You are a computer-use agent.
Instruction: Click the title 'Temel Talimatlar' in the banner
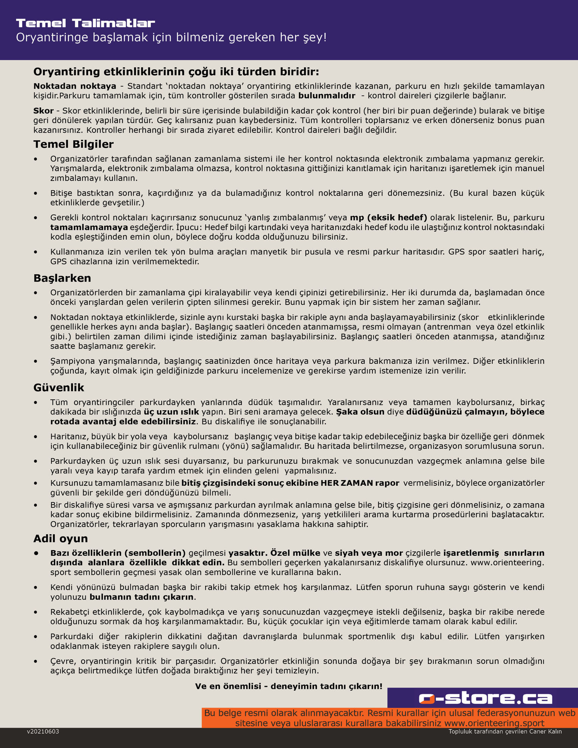[x=85, y=23]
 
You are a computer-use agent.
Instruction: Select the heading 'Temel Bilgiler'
[x=73, y=144]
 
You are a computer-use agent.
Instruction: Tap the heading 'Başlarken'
[x=62, y=278]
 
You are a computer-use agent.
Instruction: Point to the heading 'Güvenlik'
[x=59, y=388]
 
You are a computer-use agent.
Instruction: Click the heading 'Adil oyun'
[x=60, y=538]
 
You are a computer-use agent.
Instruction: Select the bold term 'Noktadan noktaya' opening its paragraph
[x=75, y=86]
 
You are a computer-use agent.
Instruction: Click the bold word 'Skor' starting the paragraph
[x=43, y=111]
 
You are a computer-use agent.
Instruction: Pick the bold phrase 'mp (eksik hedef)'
[x=388, y=218]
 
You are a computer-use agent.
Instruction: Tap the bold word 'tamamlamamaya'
[x=89, y=227]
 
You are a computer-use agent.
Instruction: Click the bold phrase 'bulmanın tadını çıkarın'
[x=142, y=597]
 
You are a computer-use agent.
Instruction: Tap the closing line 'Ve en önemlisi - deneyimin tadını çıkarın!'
[x=289, y=686]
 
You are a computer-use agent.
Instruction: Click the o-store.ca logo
[x=485, y=698]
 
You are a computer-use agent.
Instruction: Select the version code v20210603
[x=43, y=732]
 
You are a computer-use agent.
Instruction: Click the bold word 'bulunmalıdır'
[x=327, y=96]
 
